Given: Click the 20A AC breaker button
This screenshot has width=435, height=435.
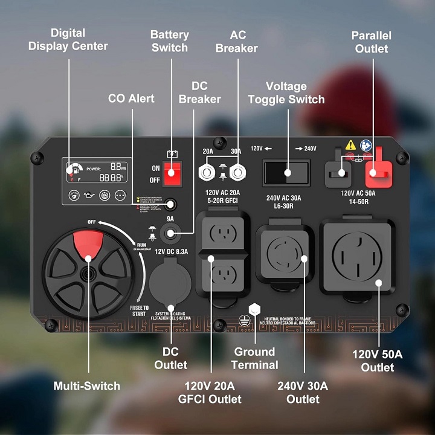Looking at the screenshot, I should pos(207,173).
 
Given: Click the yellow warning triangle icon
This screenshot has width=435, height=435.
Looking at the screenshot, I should pos(350,145).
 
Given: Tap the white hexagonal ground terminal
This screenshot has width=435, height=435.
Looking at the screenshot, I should pos(254,308).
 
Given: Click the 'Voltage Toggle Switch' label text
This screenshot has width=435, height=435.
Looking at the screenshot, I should pos(286,93).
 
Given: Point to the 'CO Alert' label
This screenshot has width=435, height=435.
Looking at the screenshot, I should pos(131,98).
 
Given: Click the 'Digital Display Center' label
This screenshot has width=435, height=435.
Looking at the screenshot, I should pos(68,39).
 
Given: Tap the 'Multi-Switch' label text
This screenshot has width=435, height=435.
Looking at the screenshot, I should pos(87,386).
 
